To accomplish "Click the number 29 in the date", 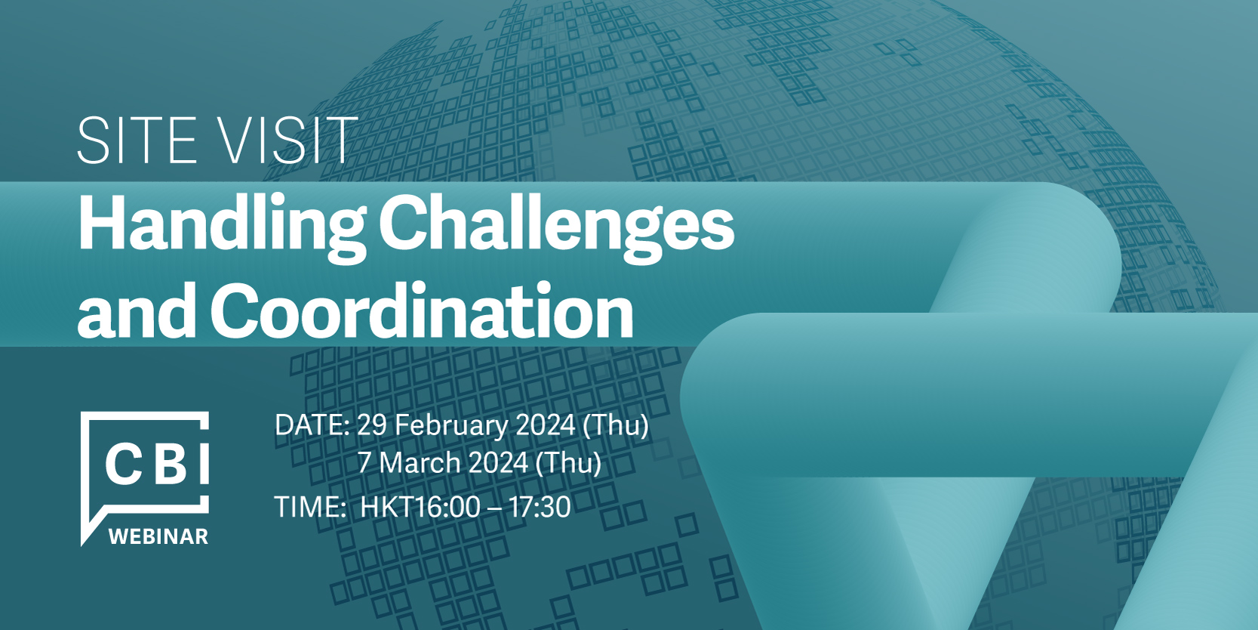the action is point(372,425).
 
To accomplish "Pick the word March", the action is point(423,463).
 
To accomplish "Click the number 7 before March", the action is point(364,463).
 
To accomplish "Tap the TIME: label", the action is point(309,507).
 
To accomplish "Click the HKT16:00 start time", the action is point(420,507).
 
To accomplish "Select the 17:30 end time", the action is point(540,507).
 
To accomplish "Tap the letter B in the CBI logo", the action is point(170,465).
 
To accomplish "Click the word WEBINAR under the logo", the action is point(158,536).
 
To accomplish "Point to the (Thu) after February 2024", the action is point(616,425).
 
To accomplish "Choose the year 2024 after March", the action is point(499,463).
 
